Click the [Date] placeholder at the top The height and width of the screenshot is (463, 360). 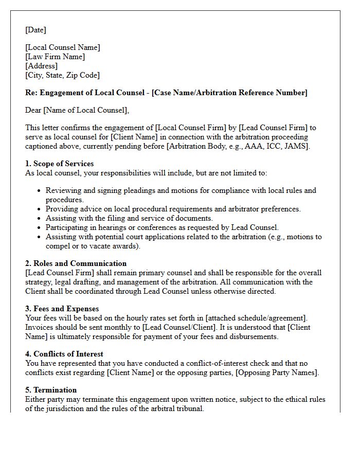(x=35, y=30)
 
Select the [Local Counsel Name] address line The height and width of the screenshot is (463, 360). (x=62, y=47)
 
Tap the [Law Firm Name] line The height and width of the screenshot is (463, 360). (x=55, y=57)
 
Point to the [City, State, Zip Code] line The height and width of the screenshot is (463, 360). (x=62, y=75)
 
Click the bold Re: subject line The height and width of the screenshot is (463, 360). (x=166, y=93)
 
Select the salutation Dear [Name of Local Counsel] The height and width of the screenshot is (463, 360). (x=77, y=110)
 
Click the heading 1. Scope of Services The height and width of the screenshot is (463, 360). (x=59, y=164)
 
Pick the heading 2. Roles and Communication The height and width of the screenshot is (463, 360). (x=76, y=263)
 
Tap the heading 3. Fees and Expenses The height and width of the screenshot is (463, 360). (x=62, y=309)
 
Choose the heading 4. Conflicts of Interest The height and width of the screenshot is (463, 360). (x=64, y=354)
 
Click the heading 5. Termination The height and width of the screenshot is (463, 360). (x=51, y=390)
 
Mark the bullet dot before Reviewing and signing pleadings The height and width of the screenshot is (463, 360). (x=40, y=191)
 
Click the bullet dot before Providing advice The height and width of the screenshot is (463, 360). (x=40, y=209)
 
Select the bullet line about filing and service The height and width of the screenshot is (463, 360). (x=129, y=218)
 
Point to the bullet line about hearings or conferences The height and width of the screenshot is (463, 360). (x=162, y=227)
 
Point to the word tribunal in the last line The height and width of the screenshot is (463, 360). (x=189, y=408)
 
